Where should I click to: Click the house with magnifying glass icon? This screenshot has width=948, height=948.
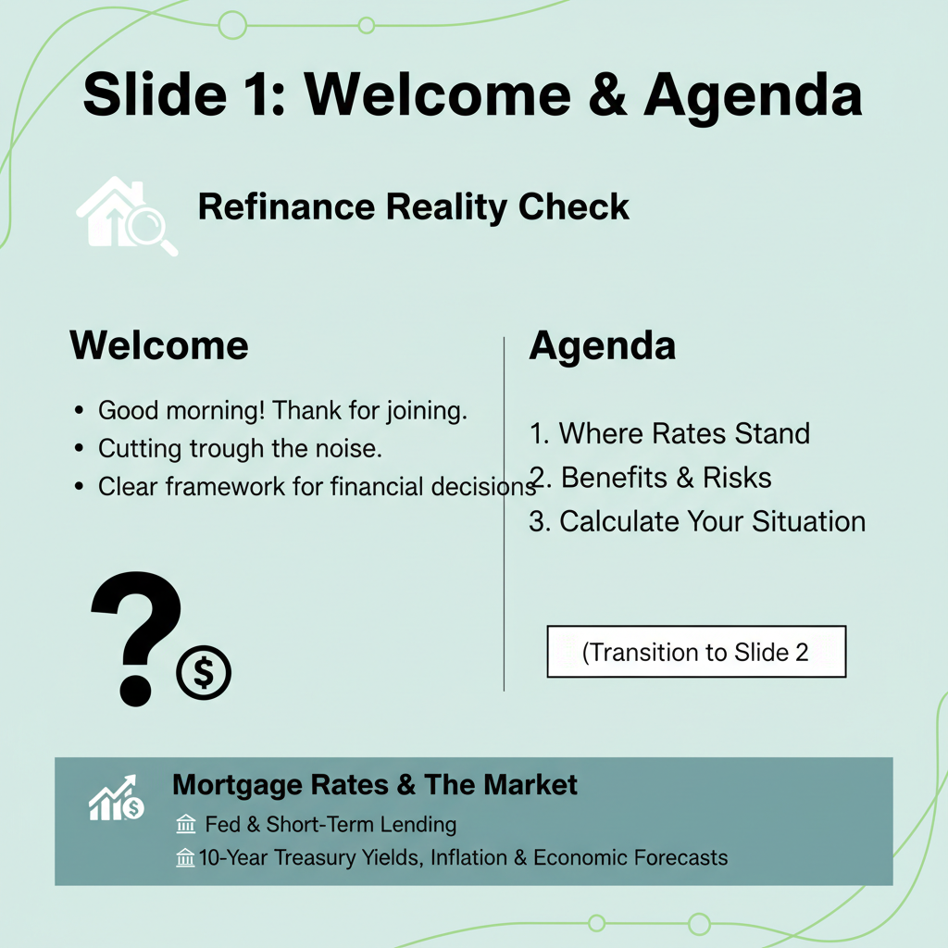pyautogui.click(x=125, y=215)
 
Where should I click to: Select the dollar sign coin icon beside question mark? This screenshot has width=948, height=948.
pyautogui.click(x=204, y=674)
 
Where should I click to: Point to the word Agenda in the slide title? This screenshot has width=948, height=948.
pyautogui.click(x=753, y=94)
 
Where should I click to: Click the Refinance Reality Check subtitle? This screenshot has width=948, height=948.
pyautogui.click(x=414, y=206)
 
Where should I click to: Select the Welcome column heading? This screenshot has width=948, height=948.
pyautogui.click(x=159, y=345)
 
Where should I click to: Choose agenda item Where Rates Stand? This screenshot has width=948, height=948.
pyautogui.click(x=670, y=433)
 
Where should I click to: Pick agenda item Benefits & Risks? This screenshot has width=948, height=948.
pyautogui.click(x=652, y=477)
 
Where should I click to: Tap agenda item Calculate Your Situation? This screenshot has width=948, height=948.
pyautogui.click(x=697, y=521)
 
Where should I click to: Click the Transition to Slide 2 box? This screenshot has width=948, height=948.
pyautogui.click(x=696, y=652)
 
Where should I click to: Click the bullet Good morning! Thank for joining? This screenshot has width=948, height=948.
pyautogui.click(x=282, y=410)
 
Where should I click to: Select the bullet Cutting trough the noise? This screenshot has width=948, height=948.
pyautogui.click(x=240, y=448)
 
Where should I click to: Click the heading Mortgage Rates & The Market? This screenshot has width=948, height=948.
pyautogui.click(x=375, y=785)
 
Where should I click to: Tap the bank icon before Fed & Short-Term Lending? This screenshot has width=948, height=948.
pyautogui.click(x=185, y=825)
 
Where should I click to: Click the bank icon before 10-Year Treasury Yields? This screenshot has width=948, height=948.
pyautogui.click(x=185, y=858)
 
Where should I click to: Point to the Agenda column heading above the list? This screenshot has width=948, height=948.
pyautogui.click(x=602, y=345)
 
